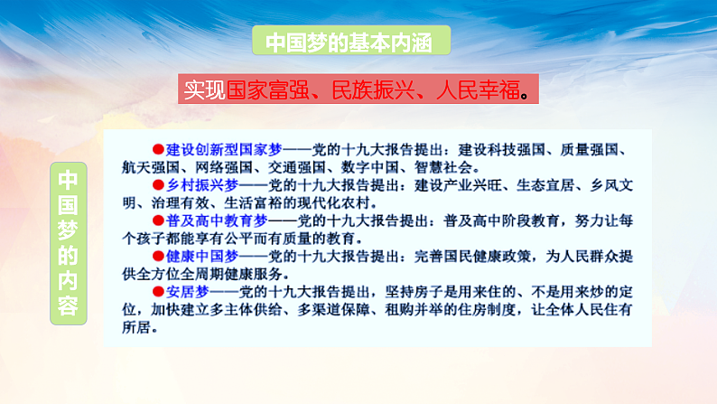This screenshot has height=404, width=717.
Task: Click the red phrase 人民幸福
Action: (x=475, y=90)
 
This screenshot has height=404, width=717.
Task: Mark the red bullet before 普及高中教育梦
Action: (x=156, y=219)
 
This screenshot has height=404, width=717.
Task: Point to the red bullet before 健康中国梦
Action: (x=156, y=254)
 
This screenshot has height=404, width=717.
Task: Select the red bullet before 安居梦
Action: (x=156, y=289)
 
